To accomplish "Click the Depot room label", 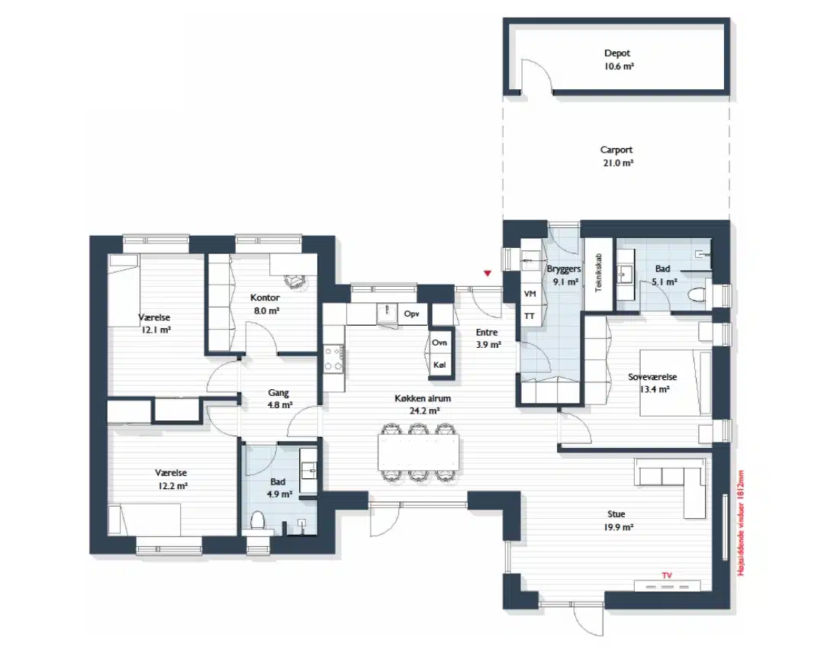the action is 617,53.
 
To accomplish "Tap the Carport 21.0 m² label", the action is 617,156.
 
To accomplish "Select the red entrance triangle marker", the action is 488,273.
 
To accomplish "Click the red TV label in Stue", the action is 667,575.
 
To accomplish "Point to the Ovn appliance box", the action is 439,343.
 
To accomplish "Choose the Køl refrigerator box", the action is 439,365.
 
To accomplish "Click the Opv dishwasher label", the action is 411,314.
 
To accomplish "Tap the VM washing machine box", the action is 530,294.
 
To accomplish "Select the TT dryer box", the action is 530,316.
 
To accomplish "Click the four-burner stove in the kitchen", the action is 333,359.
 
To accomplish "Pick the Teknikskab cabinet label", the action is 598,273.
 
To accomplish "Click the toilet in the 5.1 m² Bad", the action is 697,295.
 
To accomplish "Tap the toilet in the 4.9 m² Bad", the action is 258,522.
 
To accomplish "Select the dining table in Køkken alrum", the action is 418,452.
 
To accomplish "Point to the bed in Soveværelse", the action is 675,383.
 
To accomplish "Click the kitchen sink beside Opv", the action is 387,314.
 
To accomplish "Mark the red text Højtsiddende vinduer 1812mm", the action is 741,523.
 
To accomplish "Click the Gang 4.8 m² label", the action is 279,399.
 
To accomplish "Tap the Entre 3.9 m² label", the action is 488,339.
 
